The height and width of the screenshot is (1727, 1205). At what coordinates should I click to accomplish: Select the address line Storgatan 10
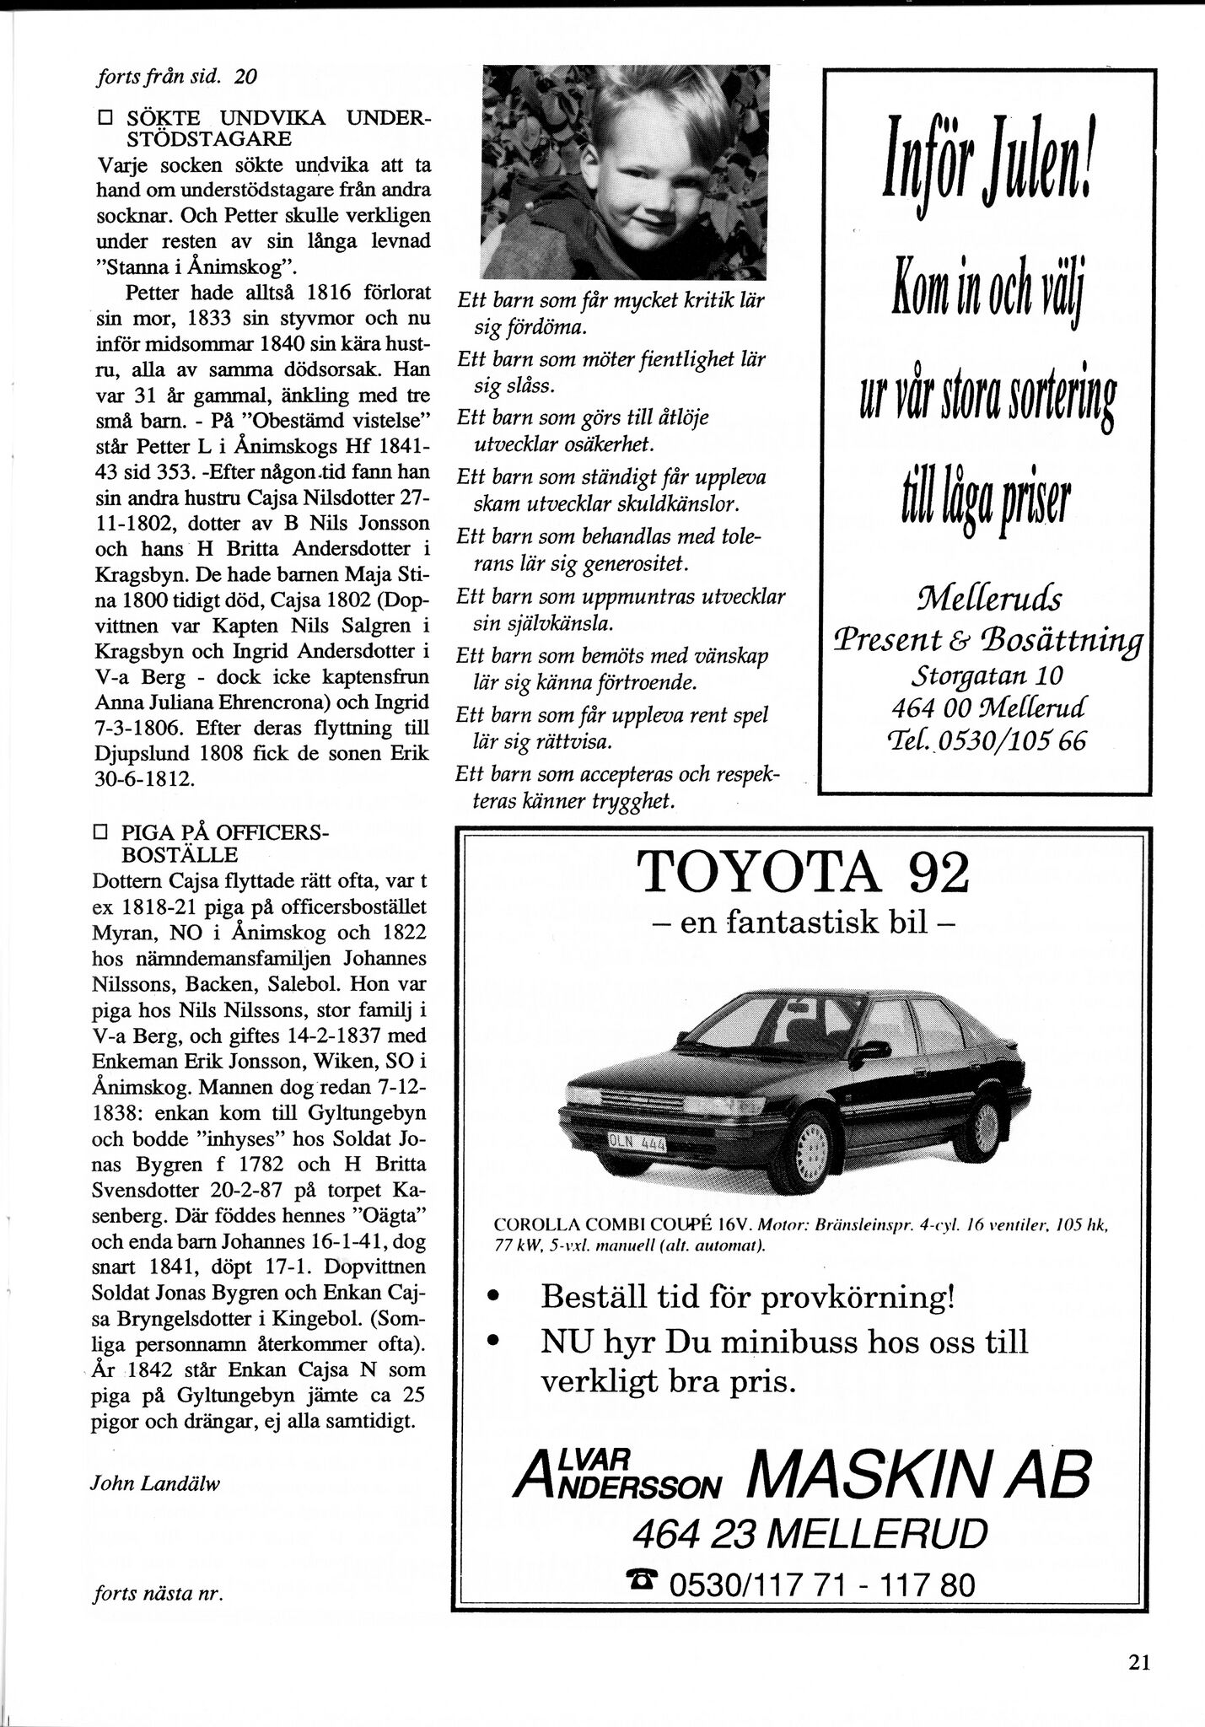[987, 675]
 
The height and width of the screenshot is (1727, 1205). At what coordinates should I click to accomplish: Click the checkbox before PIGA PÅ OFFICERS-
[105, 833]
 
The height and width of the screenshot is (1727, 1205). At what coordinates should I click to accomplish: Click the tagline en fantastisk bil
[804, 923]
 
